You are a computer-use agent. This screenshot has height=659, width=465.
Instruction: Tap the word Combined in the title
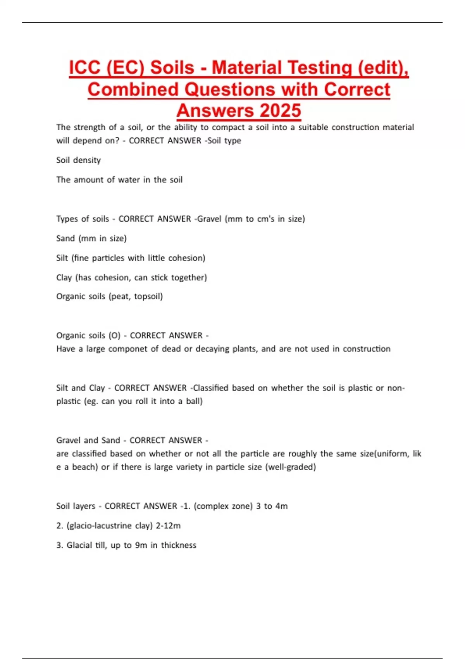pyautogui.click(x=133, y=89)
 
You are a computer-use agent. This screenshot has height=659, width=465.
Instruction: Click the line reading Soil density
pyautogui.click(x=78, y=160)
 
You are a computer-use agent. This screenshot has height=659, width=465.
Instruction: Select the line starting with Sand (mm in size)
pyautogui.click(x=91, y=238)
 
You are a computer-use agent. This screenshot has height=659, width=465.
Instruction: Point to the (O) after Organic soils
pyautogui.click(x=115, y=335)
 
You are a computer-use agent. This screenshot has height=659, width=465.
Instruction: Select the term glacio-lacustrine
pyautogui.click(x=109, y=526)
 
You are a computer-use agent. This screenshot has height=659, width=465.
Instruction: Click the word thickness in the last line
pyautogui.click(x=179, y=545)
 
